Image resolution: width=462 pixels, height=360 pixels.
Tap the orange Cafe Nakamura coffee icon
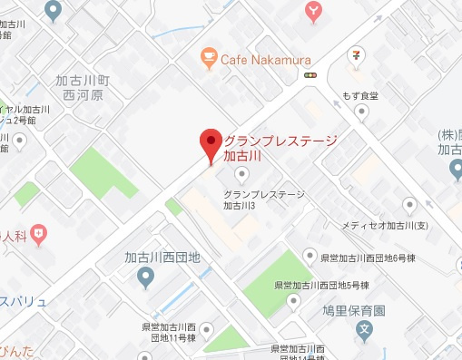tap(209, 57)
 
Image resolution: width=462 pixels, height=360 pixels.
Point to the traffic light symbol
tap(312, 74)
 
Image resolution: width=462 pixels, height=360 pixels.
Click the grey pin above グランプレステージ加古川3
tap(241, 174)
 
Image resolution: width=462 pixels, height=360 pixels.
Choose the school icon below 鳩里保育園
tap(363, 327)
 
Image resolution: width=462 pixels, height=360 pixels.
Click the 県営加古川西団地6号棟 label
tap(374, 257)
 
